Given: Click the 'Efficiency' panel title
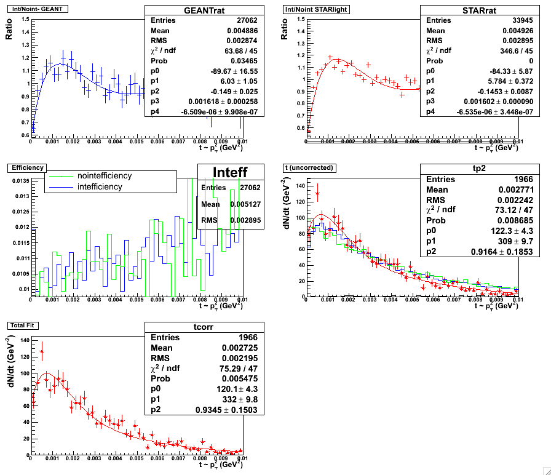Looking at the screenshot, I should click(x=25, y=167).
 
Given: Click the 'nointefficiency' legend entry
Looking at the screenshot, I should click(x=105, y=176).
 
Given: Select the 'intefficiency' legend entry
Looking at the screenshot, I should click(x=100, y=186).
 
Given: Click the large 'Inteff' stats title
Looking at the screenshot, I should click(x=231, y=172).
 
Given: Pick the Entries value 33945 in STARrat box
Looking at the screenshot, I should click(x=501, y=20).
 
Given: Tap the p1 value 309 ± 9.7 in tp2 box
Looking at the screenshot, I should click(x=517, y=239).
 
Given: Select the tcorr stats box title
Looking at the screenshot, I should click(x=204, y=327).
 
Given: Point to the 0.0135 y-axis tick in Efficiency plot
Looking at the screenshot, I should click(x=20, y=181).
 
